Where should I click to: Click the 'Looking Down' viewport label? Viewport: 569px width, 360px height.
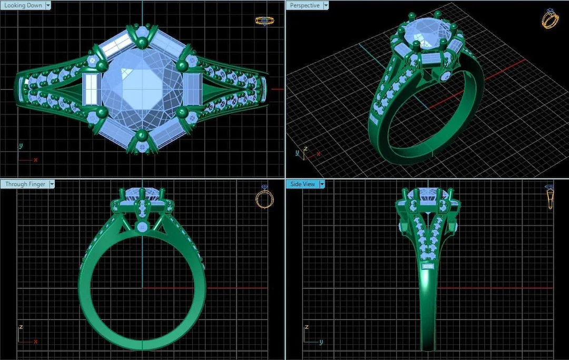coord(23,5)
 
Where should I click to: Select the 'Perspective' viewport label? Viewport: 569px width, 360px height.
coord(305,5)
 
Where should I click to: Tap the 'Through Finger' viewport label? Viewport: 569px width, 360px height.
coord(25,184)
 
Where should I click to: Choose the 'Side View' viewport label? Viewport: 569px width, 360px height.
coord(302,184)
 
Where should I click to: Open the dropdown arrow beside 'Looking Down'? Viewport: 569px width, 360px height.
coord(48,5)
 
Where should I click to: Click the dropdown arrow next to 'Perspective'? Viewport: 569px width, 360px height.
coord(326,5)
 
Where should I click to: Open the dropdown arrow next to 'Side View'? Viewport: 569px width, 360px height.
coord(321,184)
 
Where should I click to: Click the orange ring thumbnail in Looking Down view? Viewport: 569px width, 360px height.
coord(264,21)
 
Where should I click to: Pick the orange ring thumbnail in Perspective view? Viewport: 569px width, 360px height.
coord(550,18)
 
